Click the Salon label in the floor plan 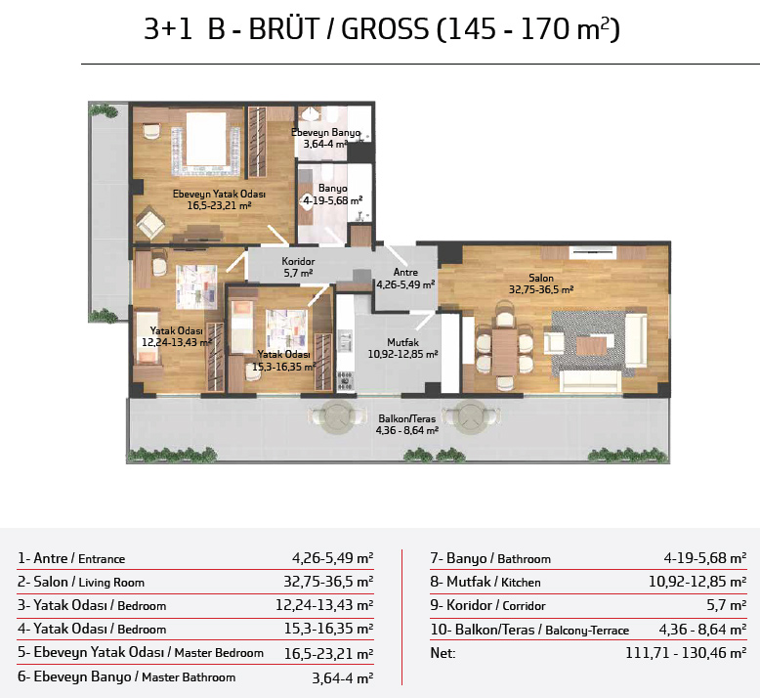541,278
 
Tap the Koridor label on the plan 298,261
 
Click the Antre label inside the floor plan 405,272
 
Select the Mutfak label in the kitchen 402,342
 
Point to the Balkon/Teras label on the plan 407,418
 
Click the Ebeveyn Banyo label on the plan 325,132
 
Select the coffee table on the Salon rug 591,346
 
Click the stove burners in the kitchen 345,380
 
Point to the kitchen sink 345,339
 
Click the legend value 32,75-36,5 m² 328,581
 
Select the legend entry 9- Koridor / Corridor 487,605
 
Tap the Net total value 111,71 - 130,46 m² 686,653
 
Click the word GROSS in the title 385,29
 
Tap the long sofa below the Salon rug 590,380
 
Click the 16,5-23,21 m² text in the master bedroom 219,205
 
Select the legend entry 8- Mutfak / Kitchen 486,582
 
